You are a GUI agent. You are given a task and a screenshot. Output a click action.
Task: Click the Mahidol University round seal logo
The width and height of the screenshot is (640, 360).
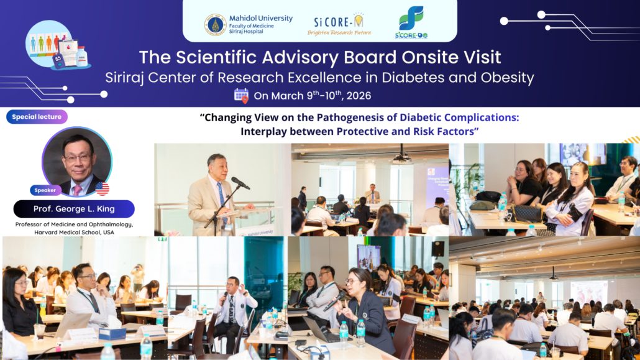(x=215, y=25)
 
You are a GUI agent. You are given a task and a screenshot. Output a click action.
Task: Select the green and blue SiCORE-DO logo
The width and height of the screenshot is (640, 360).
(x=411, y=23)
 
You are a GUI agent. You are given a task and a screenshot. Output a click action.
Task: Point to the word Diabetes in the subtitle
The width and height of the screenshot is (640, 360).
(x=416, y=78)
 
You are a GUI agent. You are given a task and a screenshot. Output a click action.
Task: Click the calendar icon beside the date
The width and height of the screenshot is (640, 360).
(x=241, y=96)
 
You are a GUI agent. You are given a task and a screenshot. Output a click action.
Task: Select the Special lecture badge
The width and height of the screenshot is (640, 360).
(x=37, y=117)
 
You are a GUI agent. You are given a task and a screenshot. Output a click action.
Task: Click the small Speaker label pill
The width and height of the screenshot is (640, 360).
(x=45, y=190)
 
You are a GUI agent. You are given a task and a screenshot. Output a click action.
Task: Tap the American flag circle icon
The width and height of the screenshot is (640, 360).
(x=103, y=189)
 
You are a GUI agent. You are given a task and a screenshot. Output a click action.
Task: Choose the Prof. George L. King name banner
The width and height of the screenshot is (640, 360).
(x=74, y=209)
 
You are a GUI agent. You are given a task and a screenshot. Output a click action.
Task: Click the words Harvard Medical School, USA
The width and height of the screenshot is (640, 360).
(x=75, y=232)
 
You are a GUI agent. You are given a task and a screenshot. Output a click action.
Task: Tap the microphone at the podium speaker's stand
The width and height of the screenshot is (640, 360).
(x=240, y=183)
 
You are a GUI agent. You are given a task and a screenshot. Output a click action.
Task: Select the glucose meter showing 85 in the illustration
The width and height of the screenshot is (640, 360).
(x=58, y=61)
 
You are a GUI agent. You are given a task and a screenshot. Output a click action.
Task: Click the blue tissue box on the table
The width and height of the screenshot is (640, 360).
(x=112, y=333)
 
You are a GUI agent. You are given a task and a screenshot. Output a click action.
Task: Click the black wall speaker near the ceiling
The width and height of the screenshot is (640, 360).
(x=437, y=249)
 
